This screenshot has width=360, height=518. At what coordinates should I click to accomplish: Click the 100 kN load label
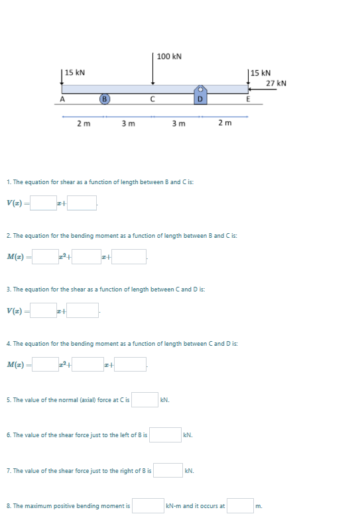click(170, 56)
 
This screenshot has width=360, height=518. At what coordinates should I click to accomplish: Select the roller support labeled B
click(104, 99)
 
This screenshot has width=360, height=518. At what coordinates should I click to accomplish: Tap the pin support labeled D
click(200, 97)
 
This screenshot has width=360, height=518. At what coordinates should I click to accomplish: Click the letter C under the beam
click(152, 100)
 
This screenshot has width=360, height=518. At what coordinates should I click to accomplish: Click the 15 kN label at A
click(75, 72)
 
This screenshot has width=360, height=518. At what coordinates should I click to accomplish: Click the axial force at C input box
click(145, 399)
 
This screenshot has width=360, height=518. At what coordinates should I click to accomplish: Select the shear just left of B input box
click(165, 435)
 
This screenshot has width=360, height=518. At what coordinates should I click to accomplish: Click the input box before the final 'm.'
click(241, 505)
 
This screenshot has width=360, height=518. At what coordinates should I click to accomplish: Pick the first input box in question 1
click(43, 202)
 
